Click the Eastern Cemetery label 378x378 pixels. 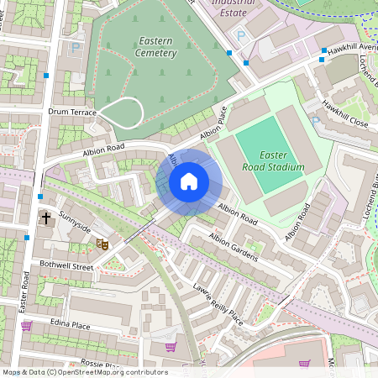[155, 46]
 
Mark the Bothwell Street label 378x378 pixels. [66, 265]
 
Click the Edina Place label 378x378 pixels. [69, 325]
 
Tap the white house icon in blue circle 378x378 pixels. [189, 181]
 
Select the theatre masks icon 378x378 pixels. [102, 244]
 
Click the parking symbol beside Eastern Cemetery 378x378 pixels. [76, 49]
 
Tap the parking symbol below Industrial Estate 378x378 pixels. [242, 36]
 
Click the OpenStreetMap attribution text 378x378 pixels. [84, 372]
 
